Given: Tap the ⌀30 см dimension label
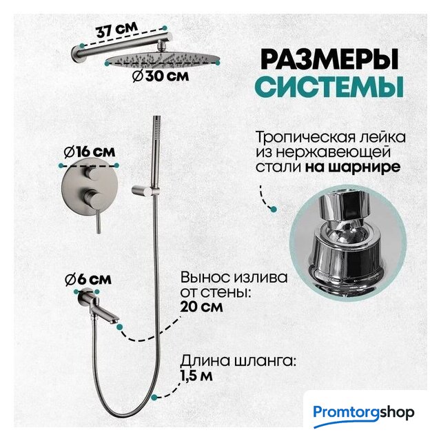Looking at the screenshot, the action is pyautogui.click(x=161, y=76).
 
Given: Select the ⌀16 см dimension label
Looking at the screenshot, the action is pyautogui.click(x=90, y=152).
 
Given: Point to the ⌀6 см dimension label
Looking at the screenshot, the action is pyautogui.click(x=88, y=279).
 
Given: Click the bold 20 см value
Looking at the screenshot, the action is pyautogui.click(x=201, y=306).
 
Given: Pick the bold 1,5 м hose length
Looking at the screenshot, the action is pyautogui.click(x=196, y=376).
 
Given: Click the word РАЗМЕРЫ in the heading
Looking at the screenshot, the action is pyautogui.click(x=329, y=59).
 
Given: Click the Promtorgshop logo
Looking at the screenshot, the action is pyautogui.click(x=363, y=413).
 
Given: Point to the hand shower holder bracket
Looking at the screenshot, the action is pyautogui.click(x=144, y=190).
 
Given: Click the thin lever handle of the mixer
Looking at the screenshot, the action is pyautogui.click(x=98, y=219).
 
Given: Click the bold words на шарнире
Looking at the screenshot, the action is pyautogui.click(x=353, y=167).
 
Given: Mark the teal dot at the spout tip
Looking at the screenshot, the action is pyautogui.click(x=120, y=327).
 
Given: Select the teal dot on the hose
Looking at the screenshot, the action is pyautogui.click(x=154, y=397).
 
